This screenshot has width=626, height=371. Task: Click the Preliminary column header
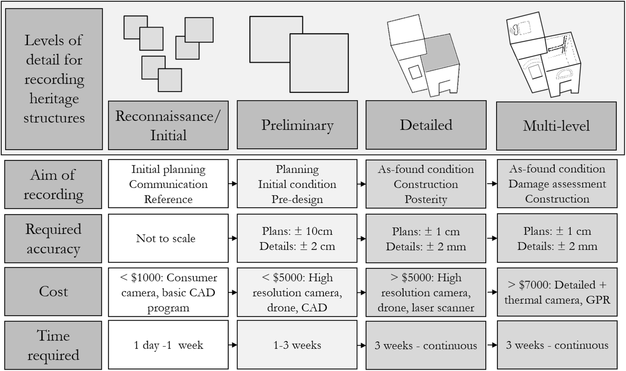(297, 125)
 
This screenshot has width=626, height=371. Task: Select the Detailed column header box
(426, 125)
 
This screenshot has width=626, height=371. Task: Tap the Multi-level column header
(556, 126)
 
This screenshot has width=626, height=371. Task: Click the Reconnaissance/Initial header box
(168, 125)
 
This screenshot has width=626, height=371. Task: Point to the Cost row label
(53, 291)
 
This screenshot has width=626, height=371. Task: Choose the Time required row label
(53, 345)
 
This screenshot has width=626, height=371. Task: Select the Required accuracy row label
(53, 238)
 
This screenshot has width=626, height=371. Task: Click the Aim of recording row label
(53, 184)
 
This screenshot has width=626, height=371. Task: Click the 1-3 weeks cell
(297, 345)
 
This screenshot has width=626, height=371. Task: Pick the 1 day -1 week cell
(168, 345)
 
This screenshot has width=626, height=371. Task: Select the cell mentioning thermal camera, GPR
(557, 292)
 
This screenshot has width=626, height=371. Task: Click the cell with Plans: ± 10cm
(297, 238)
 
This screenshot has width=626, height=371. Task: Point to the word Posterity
(426, 199)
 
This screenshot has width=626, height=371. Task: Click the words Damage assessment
(557, 184)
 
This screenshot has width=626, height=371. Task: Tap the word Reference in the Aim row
(168, 199)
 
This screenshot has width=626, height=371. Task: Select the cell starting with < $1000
(168, 292)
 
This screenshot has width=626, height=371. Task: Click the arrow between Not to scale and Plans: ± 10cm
(233, 238)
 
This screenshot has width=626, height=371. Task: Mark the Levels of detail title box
(54, 79)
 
